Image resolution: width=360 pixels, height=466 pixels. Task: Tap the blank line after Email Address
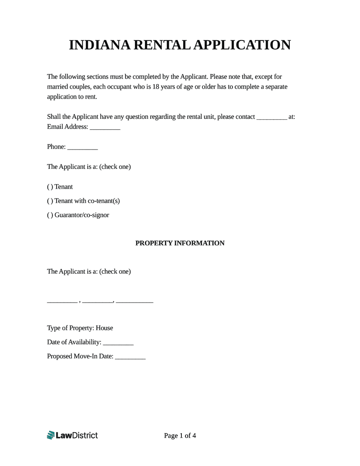coord(105,127)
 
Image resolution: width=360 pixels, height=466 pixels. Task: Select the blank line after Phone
coord(82,147)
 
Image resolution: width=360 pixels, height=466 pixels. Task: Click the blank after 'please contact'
coord(271,117)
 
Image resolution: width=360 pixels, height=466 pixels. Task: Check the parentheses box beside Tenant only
coord(49,187)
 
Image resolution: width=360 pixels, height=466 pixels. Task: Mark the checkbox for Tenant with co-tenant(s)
coord(49,201)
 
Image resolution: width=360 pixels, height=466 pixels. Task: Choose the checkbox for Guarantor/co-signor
coord(49,215)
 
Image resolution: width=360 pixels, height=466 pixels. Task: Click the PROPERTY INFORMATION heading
coord(180,243)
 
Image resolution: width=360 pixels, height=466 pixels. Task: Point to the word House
coord(104,328)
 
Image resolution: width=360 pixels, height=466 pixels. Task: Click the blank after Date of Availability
coord(118,342)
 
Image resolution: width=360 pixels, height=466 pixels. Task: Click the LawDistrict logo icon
coord(50,435)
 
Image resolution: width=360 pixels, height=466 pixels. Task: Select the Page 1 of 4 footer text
coord(180,435)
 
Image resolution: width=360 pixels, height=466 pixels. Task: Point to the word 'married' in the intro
coord(58,86)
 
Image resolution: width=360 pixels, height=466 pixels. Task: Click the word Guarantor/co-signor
coord(81,215)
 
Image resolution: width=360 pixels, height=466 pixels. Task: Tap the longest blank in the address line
coord(135,301)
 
